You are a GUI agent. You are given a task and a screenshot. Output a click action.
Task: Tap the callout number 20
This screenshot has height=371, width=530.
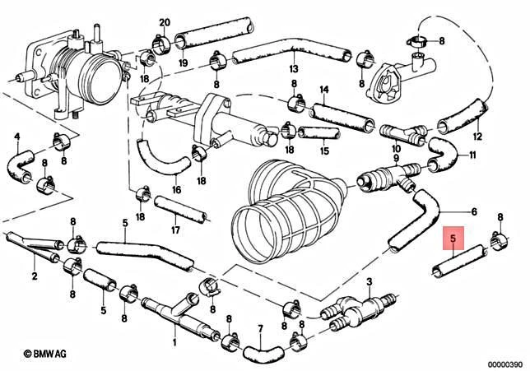(164, 21)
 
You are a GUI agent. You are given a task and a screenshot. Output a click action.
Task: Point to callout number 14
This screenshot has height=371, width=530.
(324, 90)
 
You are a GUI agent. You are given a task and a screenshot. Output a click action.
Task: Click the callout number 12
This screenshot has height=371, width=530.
(478, 137)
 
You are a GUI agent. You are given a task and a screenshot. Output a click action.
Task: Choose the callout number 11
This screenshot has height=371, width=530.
(472, 155)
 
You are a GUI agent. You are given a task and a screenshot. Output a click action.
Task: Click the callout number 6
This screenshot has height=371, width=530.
(473, 211)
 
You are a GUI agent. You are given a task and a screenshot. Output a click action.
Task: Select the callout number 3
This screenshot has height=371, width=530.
(370, 282)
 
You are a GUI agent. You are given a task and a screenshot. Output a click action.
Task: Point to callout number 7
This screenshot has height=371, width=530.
(260, 328)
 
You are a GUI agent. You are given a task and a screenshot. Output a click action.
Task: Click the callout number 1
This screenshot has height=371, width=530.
(174, 340)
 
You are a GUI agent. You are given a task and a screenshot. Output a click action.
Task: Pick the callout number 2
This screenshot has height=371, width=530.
(35, 276)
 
